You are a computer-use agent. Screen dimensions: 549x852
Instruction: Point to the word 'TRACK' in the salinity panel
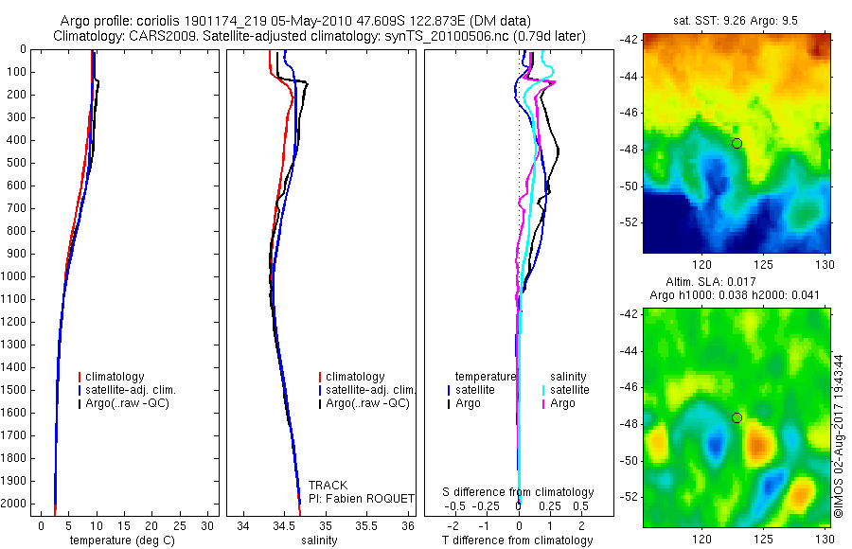328,486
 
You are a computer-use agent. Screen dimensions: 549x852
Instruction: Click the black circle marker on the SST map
737,143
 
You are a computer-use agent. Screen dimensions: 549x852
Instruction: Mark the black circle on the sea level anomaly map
737,417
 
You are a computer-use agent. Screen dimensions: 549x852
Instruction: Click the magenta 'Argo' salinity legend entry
562,403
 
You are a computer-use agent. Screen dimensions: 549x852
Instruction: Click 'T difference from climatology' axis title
517,540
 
